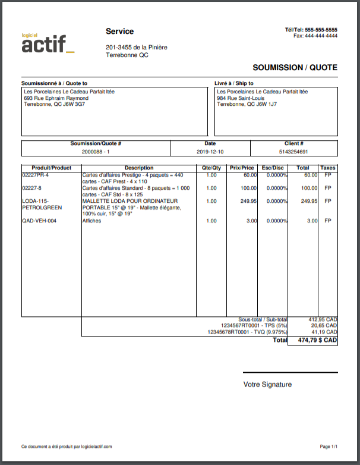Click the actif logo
click(x=48, y=43)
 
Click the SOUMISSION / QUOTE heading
click(x=295, y=68)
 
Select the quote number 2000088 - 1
click(x=96, y=152)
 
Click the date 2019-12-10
click(x=210, y=152)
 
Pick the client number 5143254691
click(x=293, y=152)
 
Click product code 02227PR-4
click(x=36, y=175)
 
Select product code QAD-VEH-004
click(x=39, y=221)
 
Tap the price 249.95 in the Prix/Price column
click(x=246, y=201)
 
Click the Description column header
click(x=139, y=168)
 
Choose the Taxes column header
click(x=327, y=168)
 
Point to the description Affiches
click(x=91, y=221)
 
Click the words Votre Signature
click(x=267, y=385)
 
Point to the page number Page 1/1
click(x=329, y=446)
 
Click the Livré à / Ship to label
click(x=234, y=83)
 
